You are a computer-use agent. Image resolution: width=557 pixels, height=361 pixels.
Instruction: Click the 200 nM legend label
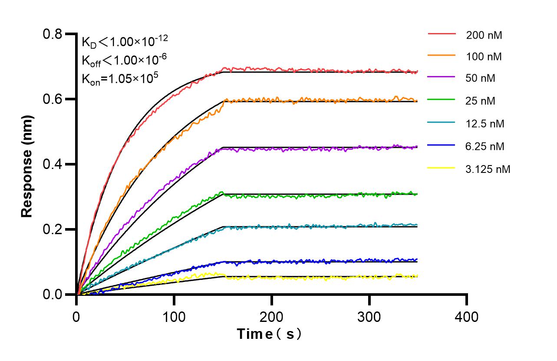[x=484, y=35]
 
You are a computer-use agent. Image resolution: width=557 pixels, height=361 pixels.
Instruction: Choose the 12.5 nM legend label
[x=485, y=124]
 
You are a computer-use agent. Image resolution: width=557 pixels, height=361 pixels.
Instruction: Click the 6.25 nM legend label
[x=485, y=146]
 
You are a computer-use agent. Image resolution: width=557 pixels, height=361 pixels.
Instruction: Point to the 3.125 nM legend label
[x=488, y=169]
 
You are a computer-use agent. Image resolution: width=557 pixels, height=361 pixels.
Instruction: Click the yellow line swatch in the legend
[x=442, y=168]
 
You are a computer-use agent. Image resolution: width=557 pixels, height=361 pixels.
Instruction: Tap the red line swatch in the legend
[x=442, y=34]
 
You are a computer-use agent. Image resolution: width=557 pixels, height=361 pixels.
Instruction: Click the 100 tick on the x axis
[x=174, y=317]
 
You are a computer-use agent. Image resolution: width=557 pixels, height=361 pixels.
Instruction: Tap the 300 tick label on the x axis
[x=369, y=317]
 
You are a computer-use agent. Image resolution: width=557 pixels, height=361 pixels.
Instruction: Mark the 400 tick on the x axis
[x=467, y=317]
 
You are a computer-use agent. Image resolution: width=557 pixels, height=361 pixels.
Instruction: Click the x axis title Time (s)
[x=269, y=334]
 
